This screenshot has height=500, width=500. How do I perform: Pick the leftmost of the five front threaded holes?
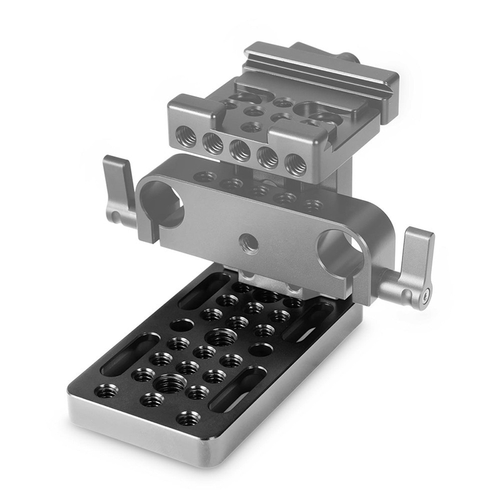click(x=186, y=133)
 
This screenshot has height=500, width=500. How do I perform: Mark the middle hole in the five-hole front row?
click(x=240, y=149)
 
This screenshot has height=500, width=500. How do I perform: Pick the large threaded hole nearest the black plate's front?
click(x=170, y=383)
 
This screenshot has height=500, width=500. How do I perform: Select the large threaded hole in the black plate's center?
click(x=221, y=337)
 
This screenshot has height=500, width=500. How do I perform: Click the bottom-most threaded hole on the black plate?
click(x=187, y=417)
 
